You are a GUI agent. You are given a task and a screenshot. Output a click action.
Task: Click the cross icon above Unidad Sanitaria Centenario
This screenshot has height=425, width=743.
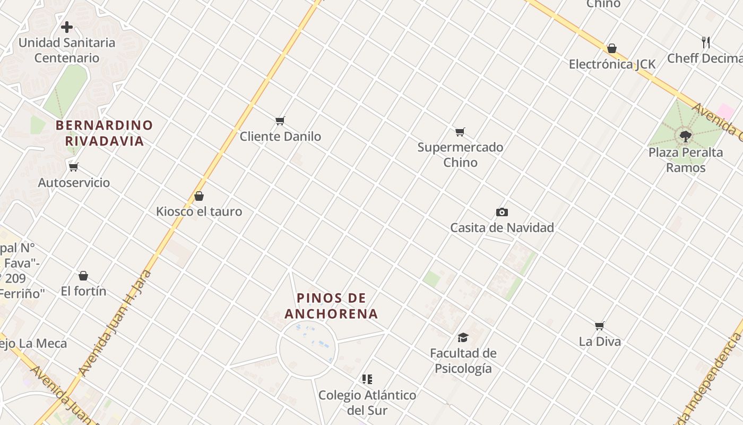coord(67,27)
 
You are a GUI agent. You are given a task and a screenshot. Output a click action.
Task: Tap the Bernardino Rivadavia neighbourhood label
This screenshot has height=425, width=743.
coord(105,133)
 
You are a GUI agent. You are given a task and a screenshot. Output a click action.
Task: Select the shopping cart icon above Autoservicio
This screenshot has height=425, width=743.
coord(74,167)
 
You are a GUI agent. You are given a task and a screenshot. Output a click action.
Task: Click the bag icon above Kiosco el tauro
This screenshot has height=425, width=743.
coord(199,196)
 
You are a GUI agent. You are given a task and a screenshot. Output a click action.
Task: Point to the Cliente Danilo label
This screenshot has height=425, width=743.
coord(280,137)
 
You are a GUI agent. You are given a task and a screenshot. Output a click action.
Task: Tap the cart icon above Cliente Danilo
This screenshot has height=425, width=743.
coord(280,121)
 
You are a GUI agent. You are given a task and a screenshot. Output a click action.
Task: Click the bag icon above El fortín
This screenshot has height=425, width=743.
coord(83,276)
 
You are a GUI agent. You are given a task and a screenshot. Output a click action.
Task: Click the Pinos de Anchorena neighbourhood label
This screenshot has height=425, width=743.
coord(331,305)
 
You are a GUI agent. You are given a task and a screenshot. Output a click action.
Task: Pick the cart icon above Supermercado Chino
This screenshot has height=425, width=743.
coord(460,132)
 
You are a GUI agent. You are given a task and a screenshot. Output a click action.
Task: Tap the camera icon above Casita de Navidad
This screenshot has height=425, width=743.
coord(502,212)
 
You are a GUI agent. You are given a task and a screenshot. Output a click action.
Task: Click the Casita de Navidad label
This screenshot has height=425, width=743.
coord(502,227)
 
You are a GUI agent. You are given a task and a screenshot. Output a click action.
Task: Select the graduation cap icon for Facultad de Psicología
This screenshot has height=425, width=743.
coord(463,337)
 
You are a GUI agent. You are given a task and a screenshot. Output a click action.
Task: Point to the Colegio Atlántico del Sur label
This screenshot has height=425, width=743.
coord(367,403)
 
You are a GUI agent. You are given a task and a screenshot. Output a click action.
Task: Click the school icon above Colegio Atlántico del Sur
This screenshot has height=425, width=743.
coord(367,379)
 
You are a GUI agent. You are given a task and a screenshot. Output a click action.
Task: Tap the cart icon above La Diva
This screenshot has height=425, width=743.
coord(600,326)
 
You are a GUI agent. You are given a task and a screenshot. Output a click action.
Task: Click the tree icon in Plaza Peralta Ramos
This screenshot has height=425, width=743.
coord(686,136)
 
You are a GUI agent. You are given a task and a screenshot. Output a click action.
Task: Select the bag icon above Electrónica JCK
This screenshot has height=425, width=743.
coord(612,49)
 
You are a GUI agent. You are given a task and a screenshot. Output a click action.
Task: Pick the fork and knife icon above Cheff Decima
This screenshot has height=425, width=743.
coord(706,42)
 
